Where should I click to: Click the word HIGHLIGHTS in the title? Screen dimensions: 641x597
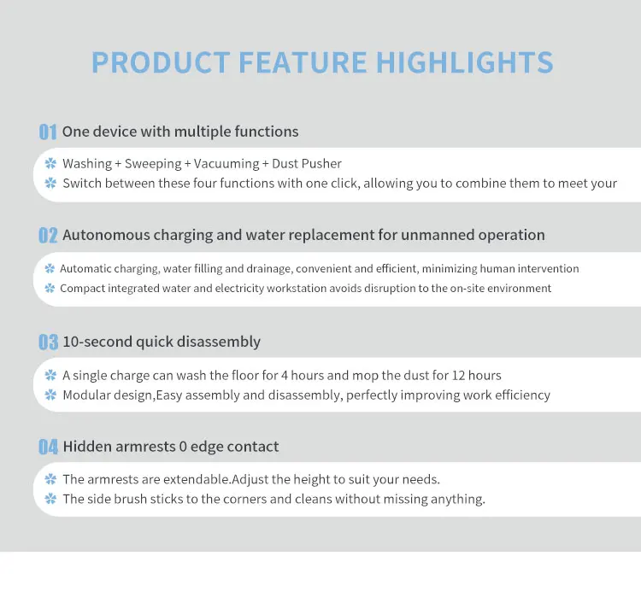(464, 62)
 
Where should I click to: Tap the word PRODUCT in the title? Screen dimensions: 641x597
(161, 62)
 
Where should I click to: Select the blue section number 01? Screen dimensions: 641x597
(48, 132)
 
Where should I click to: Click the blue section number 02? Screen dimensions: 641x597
(48, 236)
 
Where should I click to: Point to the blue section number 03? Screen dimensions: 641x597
(48, 342)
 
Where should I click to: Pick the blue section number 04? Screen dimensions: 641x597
(48, 447)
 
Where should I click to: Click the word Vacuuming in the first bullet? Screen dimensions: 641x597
(226, 164)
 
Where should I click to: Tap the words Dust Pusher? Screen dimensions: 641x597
(307, 163)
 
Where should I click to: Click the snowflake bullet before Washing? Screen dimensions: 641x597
(50, 163)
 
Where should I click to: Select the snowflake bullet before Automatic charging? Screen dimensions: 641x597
(50, 268)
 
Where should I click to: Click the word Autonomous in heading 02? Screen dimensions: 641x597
(106, 235)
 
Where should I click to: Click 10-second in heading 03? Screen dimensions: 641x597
(97, 342)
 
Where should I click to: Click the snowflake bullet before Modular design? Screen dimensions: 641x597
(50, 395)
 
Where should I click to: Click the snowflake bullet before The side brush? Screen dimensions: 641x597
(50, 499)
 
